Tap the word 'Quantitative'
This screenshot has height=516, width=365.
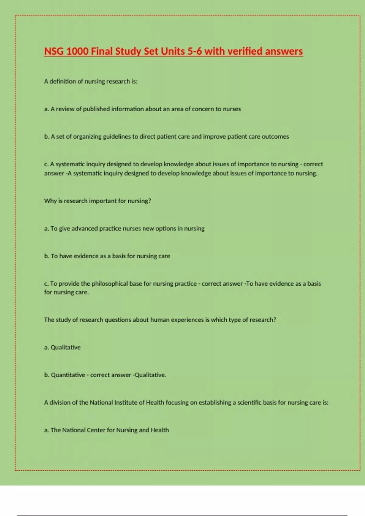point(68,375)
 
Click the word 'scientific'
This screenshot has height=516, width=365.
point(249,402)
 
